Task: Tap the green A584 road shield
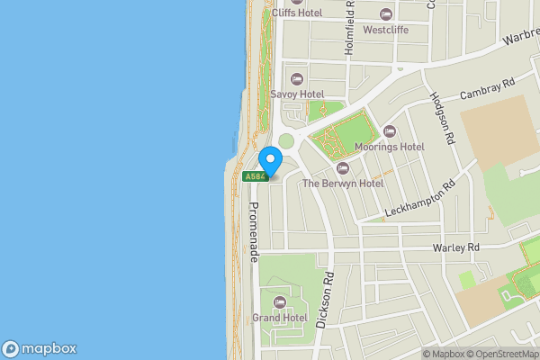256,176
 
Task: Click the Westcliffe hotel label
386,30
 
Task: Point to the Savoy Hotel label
297,94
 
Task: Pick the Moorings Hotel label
389,147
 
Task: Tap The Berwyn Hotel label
342,183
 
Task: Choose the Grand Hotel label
280,318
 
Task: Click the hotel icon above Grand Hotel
279,301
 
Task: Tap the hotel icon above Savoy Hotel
297,77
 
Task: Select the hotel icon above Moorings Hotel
389,131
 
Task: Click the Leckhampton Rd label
419,198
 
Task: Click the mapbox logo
40,348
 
